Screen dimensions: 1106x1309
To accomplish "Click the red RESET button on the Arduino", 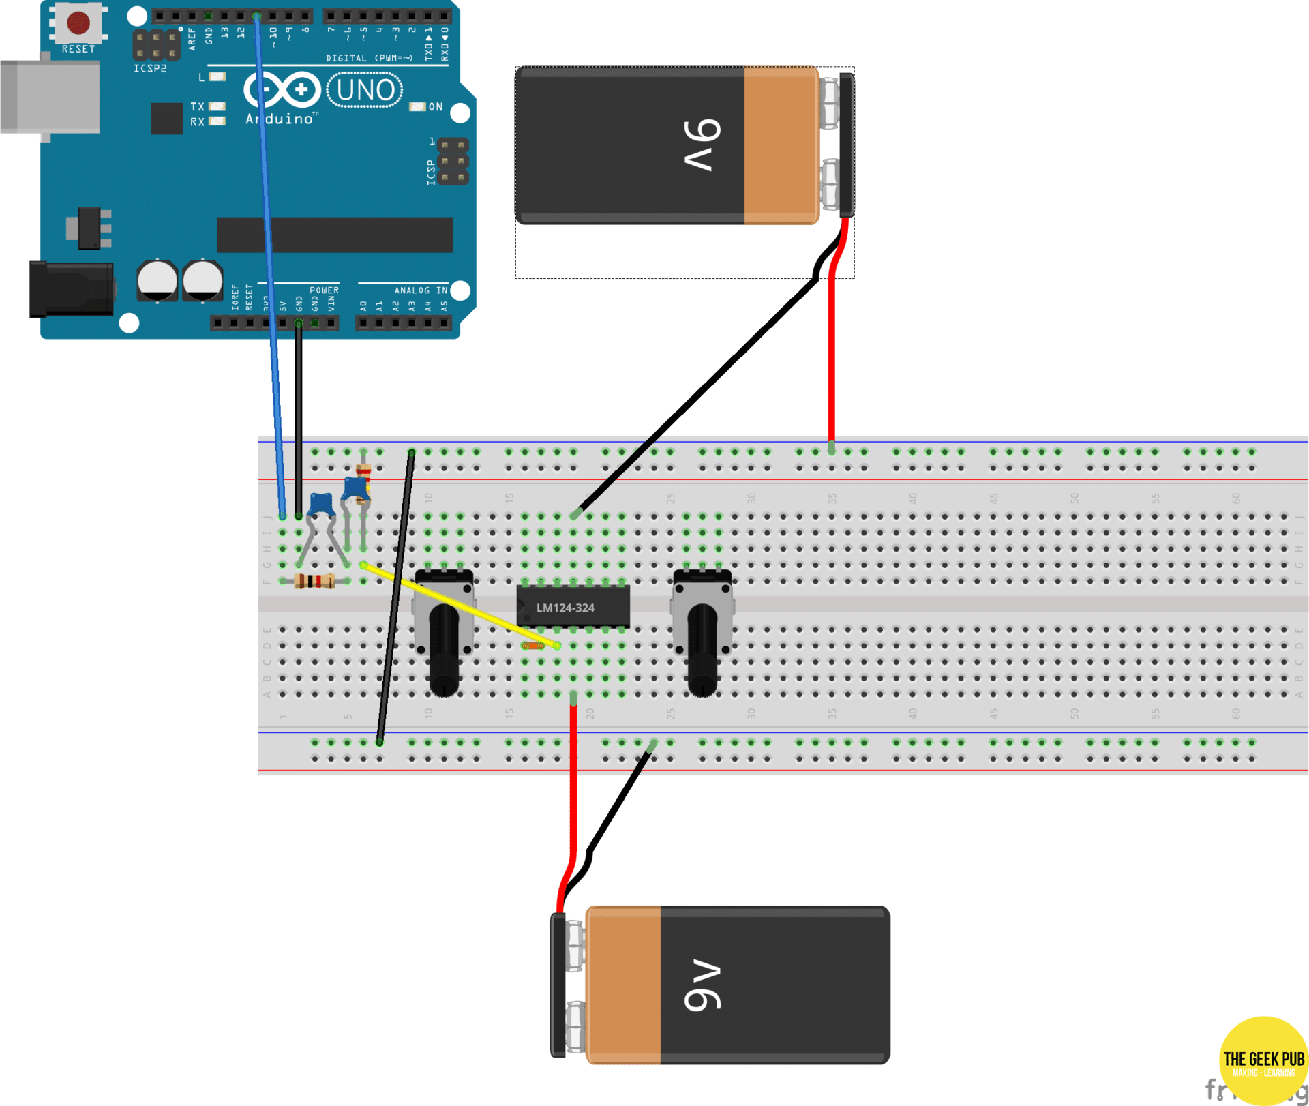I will (78, 23).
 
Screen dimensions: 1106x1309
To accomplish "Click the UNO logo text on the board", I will (365, 90).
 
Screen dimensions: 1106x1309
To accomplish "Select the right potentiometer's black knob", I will (702, 651).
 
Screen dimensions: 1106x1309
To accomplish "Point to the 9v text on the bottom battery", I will (702, 985).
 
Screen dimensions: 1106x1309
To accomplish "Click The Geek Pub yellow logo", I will (1263, 1060).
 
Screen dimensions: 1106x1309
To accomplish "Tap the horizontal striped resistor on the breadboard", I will (314, 581).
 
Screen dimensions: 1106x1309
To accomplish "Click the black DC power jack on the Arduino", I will (72, 290).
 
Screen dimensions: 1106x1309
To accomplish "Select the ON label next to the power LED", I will (436, 107).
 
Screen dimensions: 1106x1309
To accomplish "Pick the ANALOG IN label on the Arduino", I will (420, 290).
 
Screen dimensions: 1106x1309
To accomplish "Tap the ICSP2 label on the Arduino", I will (150, 69).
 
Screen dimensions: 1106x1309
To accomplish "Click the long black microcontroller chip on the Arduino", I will (335, 235).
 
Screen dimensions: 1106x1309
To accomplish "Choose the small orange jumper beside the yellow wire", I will (532, 645).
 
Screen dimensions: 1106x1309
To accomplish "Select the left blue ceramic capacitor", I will (320, 505).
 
